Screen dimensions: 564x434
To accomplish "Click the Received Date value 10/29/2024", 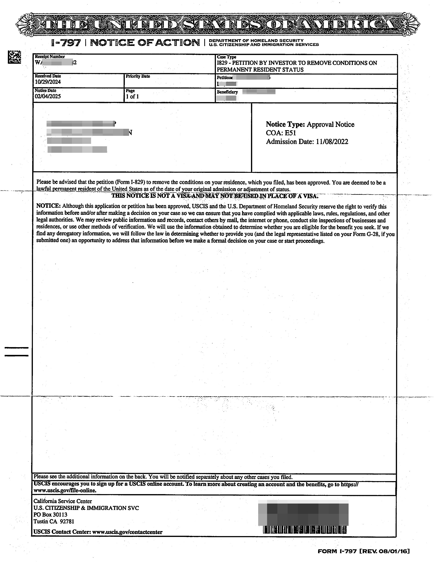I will click(x=48, y=82).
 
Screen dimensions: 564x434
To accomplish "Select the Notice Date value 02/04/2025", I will click(x=48, y=97).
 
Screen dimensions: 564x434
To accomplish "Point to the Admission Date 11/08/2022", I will click(x=332, y=142).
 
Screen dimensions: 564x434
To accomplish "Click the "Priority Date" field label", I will click(x=138, y=76).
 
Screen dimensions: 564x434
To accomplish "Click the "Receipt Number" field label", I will click(x=50, y=57).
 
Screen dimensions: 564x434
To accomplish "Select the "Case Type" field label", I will click(x=227, y=57).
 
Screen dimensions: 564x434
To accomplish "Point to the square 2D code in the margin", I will click(x=14, y=57).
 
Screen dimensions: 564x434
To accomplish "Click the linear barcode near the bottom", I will click(x=305, y=530).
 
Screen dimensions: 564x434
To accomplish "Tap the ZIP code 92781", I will click(x=67, y=521).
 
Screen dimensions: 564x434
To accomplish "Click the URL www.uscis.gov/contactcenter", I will click(x=127, y=532).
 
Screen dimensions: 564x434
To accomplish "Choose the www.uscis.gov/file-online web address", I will click(x=65, y=490).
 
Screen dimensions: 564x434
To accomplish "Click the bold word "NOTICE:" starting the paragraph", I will click(x=48, y=206).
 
